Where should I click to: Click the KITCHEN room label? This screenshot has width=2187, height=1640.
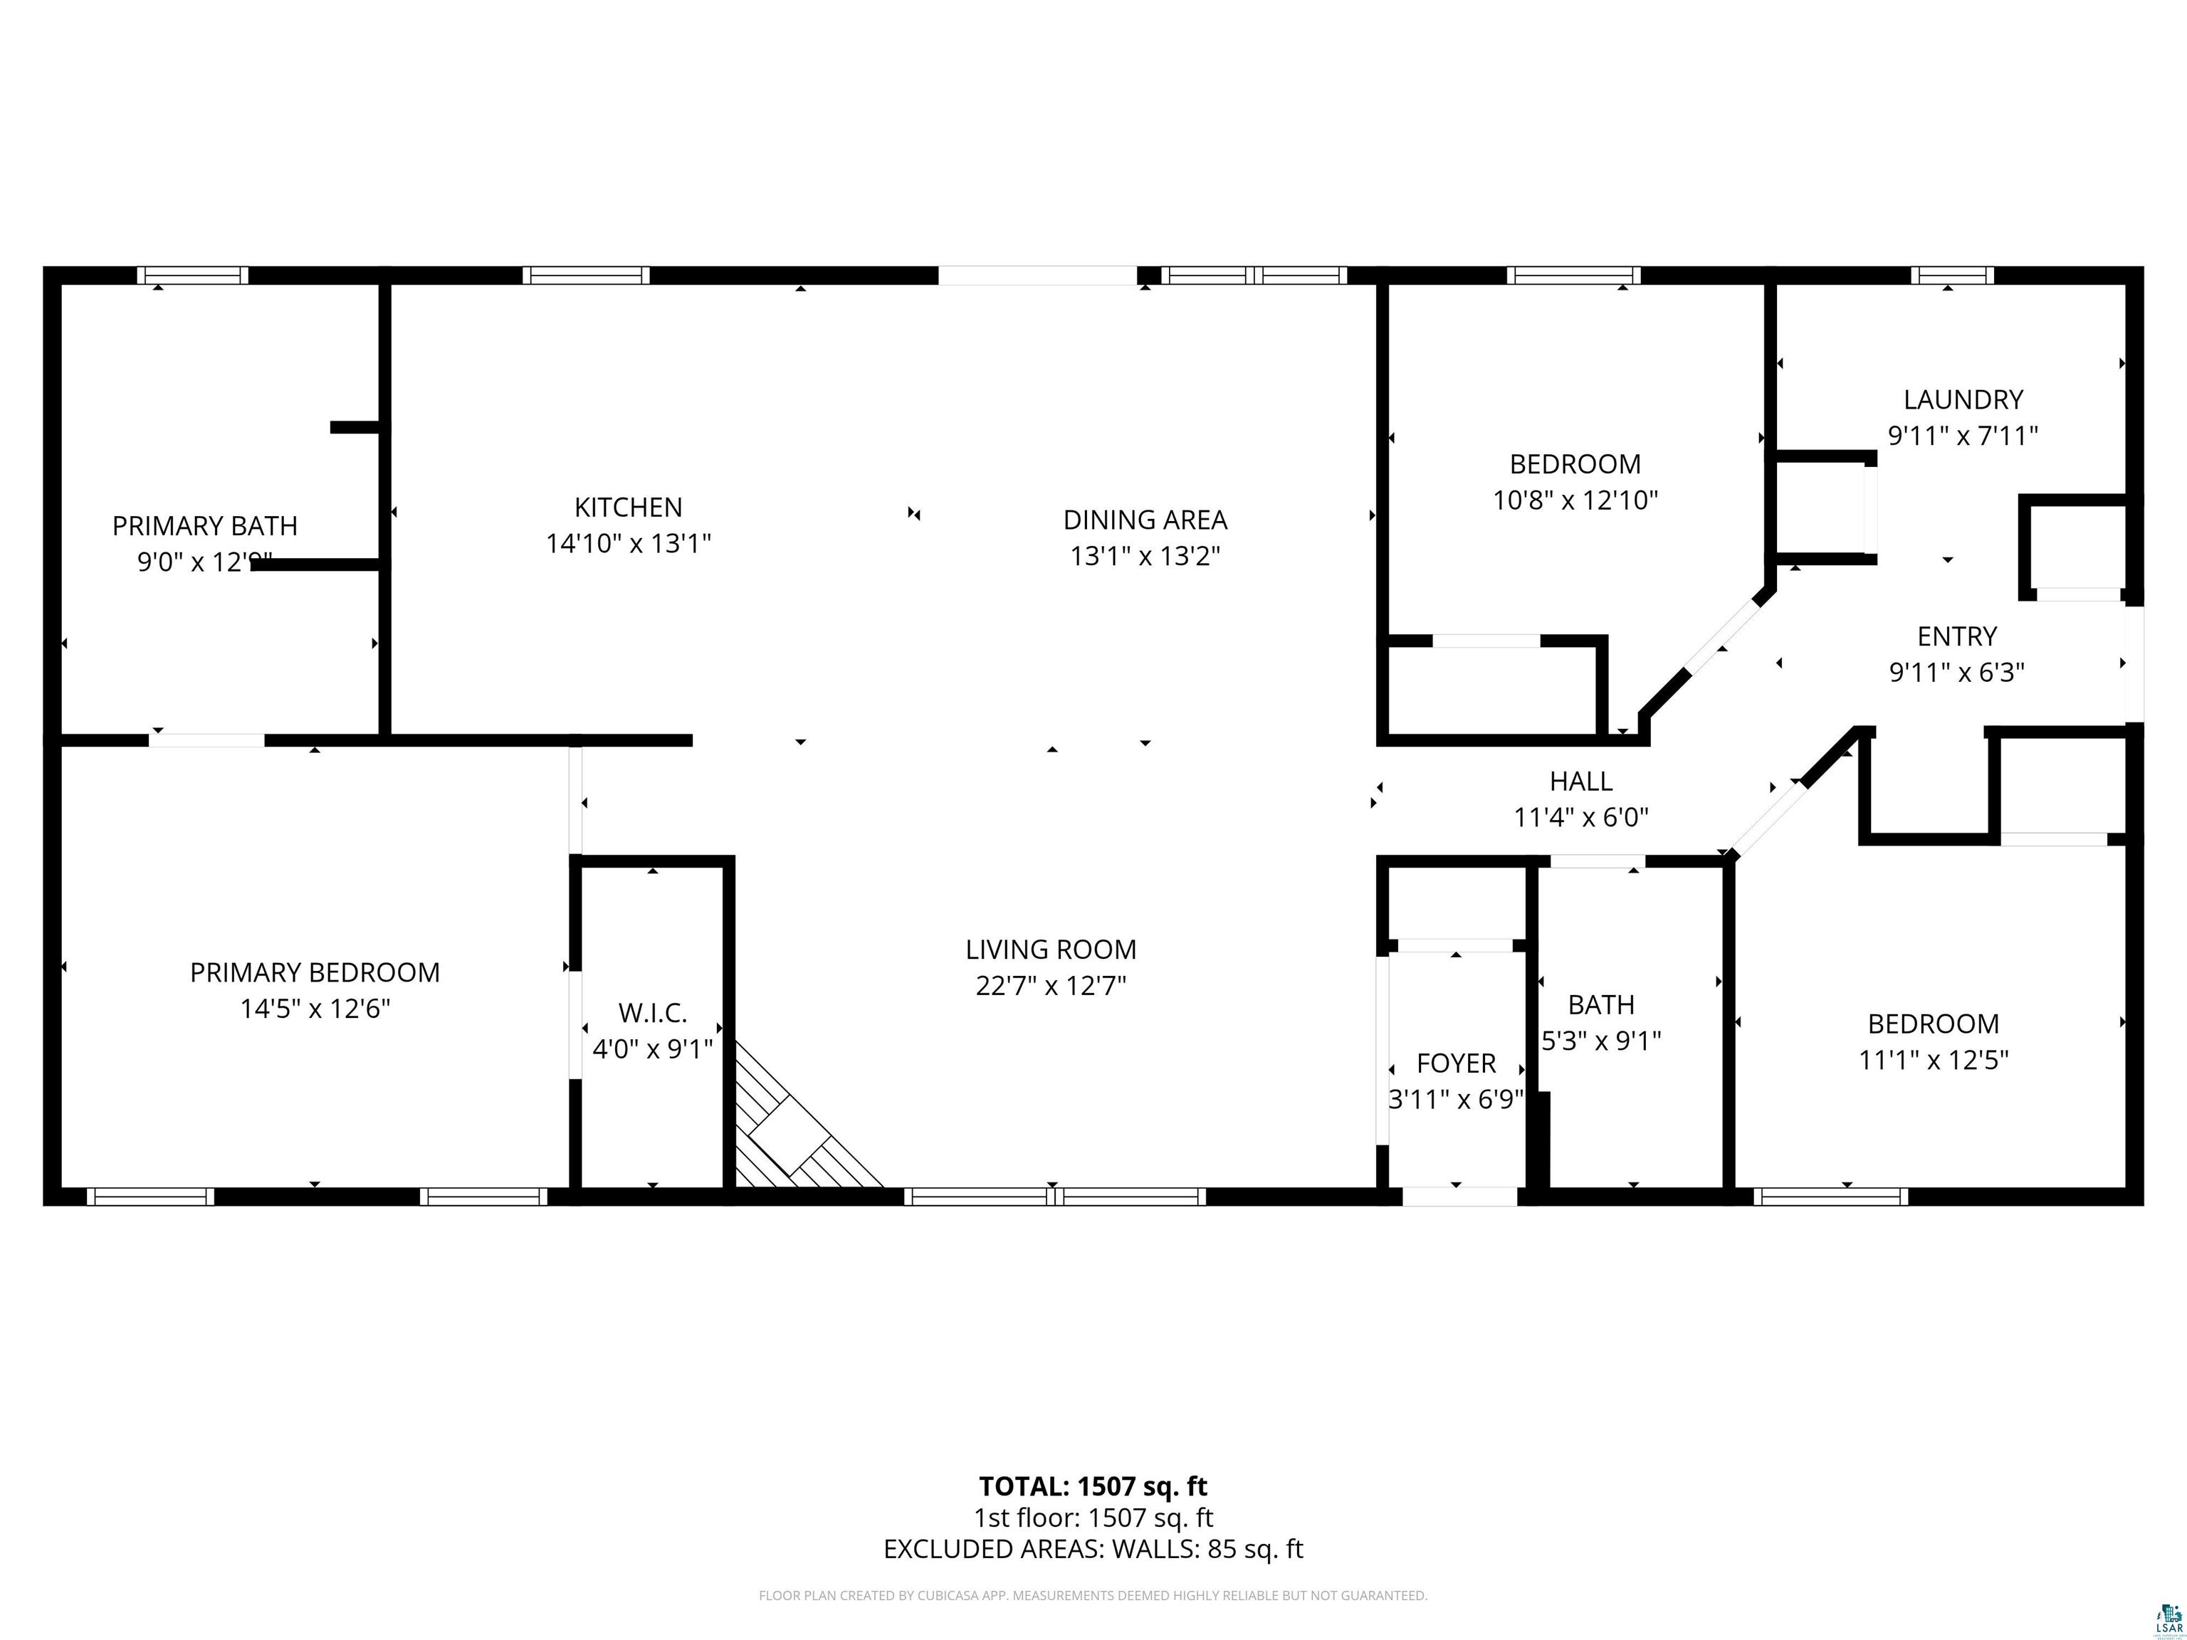pos(628,507)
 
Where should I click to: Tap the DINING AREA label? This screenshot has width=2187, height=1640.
pos(1145,520)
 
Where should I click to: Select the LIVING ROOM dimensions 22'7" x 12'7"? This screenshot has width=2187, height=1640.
pos(1050,986)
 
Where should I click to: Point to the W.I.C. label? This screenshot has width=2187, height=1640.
pos(653,1012)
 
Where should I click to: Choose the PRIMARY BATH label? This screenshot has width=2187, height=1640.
pos(204,526)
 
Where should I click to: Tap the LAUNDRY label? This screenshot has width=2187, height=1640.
pos(1963,399)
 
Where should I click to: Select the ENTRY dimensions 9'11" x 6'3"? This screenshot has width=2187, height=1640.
pos(1956,672)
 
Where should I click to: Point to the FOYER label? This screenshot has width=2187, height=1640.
pos(1455,1063)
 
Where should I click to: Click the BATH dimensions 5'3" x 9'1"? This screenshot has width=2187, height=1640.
pos(1600,1041)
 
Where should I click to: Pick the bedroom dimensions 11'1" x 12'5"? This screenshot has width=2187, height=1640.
pos(1933,1060)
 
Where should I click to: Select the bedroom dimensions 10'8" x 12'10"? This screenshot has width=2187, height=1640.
pos(1574,500)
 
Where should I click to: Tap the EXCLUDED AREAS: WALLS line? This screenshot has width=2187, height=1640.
pos(1093,1549)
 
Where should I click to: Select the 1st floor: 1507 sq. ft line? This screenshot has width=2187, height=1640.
pos(1093,1518)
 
